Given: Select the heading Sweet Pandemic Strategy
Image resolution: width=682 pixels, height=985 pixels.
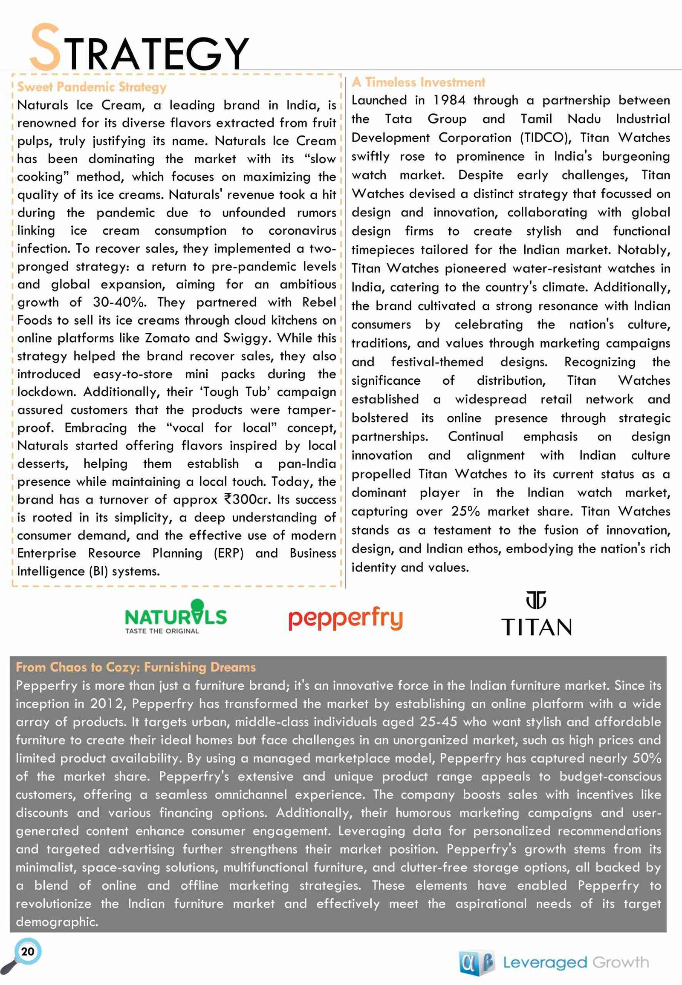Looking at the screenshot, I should [92, 87].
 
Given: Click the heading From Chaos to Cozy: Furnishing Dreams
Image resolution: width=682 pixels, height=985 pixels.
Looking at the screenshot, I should [136, 667].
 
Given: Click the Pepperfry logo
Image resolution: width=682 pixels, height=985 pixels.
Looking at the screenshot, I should [345, 619].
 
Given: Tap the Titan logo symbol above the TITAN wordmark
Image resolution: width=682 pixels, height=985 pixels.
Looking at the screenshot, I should [536, 600].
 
